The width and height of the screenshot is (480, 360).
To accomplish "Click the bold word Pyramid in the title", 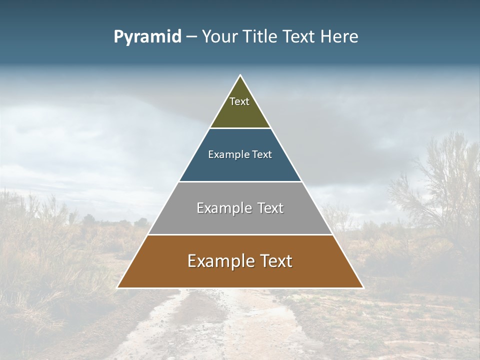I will (x=147, y=37).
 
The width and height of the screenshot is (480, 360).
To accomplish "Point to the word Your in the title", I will (x=219, y=37).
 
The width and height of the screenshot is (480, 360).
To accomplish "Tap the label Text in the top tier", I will (x=239, y=101).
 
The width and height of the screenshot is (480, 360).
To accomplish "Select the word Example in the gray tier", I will (x=220, y=208).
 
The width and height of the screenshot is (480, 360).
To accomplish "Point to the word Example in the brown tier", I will (x=216, y=261).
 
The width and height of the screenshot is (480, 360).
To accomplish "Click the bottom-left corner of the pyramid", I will (x=118, y=287).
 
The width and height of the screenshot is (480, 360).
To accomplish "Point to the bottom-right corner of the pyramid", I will (x=363, y=287).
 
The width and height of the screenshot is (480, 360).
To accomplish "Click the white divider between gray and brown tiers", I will (x=240, y=234).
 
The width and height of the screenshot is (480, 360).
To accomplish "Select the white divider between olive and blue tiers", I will (x=240, y=128).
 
